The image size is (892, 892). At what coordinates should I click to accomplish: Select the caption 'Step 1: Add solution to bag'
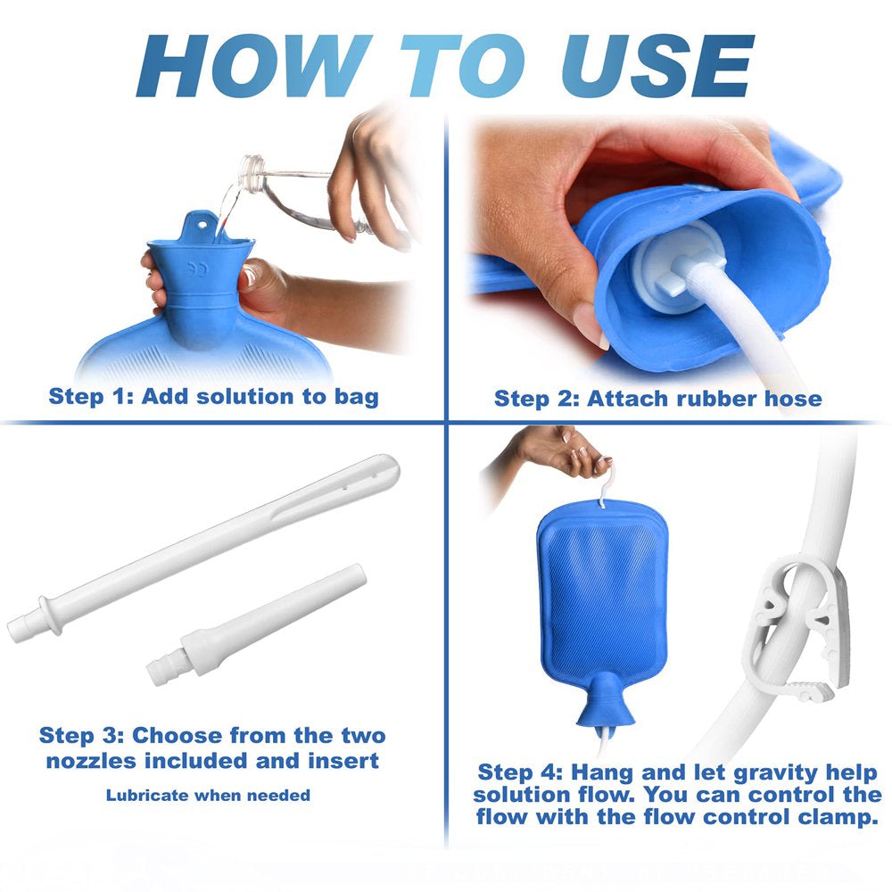(x=213, y=395)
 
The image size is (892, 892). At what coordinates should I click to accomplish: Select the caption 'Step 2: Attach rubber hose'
(x=657, y=398)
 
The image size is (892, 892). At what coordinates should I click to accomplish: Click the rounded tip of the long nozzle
(x=385, y=467)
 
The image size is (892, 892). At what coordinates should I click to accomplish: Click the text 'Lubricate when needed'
(x=208, y=795)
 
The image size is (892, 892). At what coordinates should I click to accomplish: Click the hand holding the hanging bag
(x=557, y=451)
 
